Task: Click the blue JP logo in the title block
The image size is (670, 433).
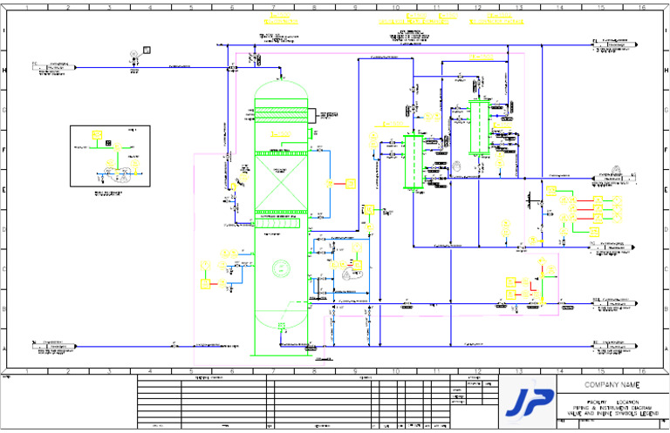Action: [x=529, y=402]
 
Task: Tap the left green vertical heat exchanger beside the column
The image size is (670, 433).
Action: [x=411, y=160]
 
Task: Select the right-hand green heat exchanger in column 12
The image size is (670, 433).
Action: [x=479, y=127]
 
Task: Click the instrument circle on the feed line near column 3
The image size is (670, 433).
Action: [x=133, y=54]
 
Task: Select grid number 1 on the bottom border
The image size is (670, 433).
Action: [x=27, y=371]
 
